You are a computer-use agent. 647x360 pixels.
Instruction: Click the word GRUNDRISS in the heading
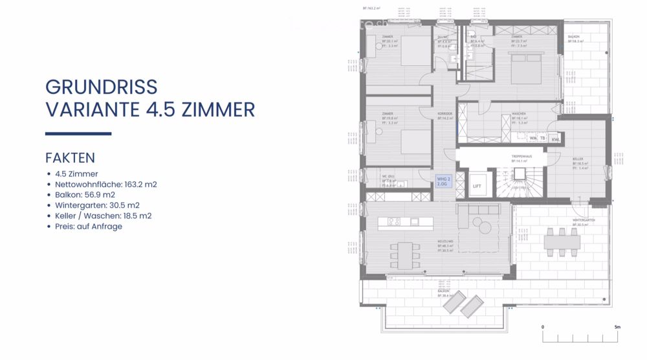point(102,87)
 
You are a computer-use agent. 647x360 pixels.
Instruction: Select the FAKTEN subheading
point(70,157)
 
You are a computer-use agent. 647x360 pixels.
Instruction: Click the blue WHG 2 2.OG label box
point(443,181)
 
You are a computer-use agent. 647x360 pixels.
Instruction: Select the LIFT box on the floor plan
point(477,186)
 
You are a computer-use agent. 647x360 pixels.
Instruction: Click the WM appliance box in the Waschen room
point(532,139)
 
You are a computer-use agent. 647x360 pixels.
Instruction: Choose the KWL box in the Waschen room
point(555,139)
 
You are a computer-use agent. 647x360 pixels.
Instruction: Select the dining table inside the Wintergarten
point(562,241)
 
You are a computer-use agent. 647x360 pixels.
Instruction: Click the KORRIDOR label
point(444,114)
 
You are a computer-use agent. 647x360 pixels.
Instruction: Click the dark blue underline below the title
point(78,134)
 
